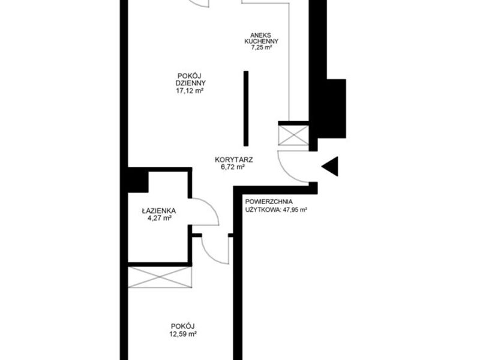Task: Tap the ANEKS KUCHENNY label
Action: pos(261,38)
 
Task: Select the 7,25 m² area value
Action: pos(262,47)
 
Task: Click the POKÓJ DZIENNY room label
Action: pos(190,79)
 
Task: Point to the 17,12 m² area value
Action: pos(190,91)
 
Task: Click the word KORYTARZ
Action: pos(234,160)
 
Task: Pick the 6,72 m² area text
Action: pos(233,167)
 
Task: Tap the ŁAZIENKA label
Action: pos(159,211)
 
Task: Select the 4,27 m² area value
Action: pos(159,218)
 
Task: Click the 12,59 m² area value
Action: pos(183,334)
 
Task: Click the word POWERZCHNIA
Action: pos(269,202)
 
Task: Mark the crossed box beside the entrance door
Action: pos(293,135)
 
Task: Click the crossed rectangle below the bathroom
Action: pos(160,277)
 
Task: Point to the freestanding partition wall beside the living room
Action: pos(246,109)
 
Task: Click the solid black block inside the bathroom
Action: pos(138,182)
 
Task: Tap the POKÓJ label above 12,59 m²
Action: pos(183,326)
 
